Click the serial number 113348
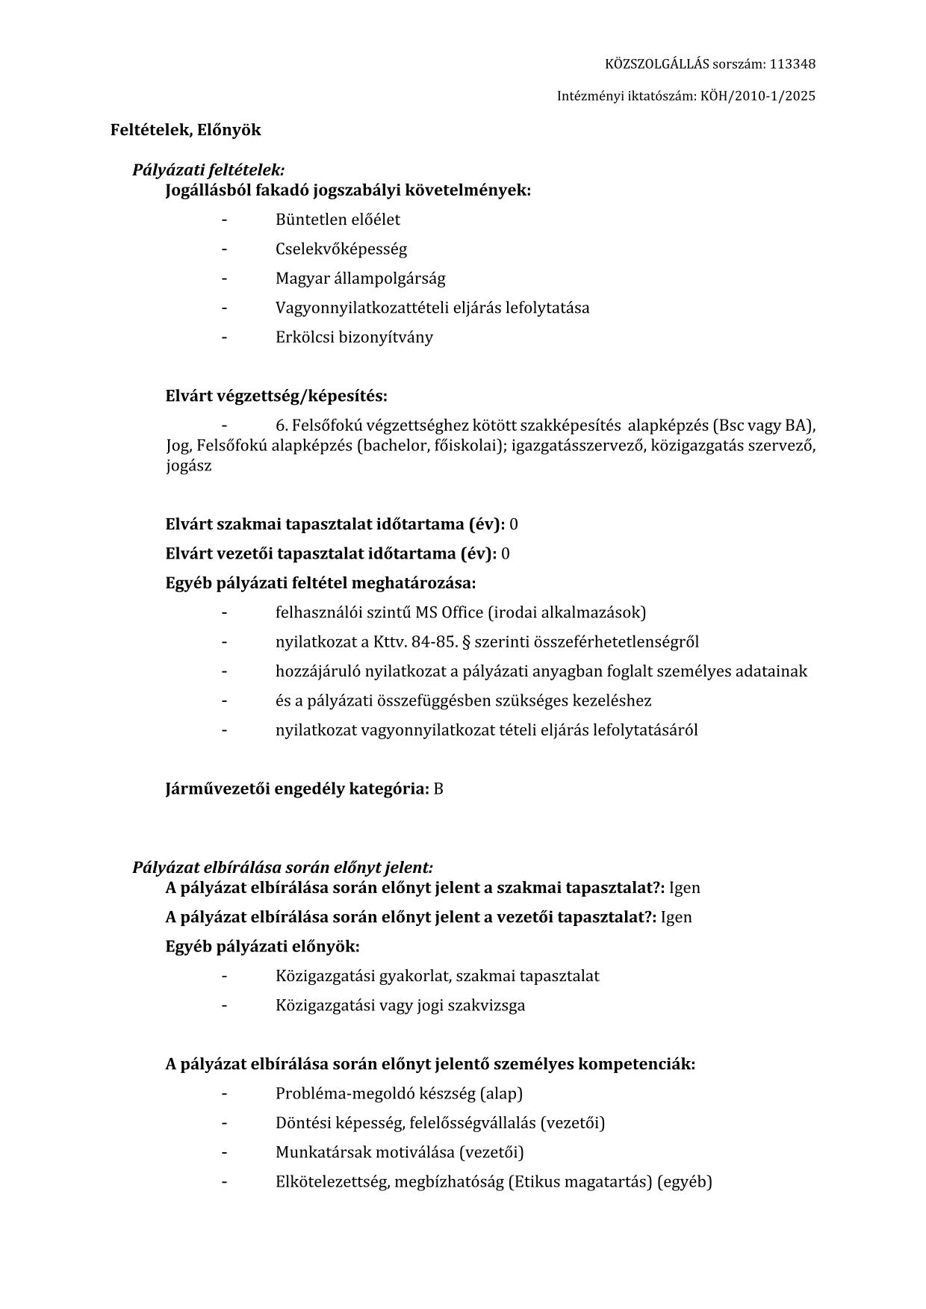[792, 64]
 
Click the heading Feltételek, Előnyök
[186, 130]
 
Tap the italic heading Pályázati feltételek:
[208, 170]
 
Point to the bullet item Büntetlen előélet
[338, 220]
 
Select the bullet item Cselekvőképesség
[341, 249]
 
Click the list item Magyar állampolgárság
[360, 279]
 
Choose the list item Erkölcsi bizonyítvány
[354, 337]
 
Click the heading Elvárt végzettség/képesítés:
[276, 396]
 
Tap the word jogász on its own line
[189, 466]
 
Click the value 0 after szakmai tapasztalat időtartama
[514, 524]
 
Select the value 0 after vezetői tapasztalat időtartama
[506, 554]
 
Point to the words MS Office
[450, 612]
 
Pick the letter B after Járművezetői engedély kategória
[438, 789]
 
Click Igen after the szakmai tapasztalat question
[684, 888]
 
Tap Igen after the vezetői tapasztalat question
[676, 917]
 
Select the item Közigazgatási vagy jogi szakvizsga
[400, 1005]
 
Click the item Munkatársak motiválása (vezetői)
[400, 1152]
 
